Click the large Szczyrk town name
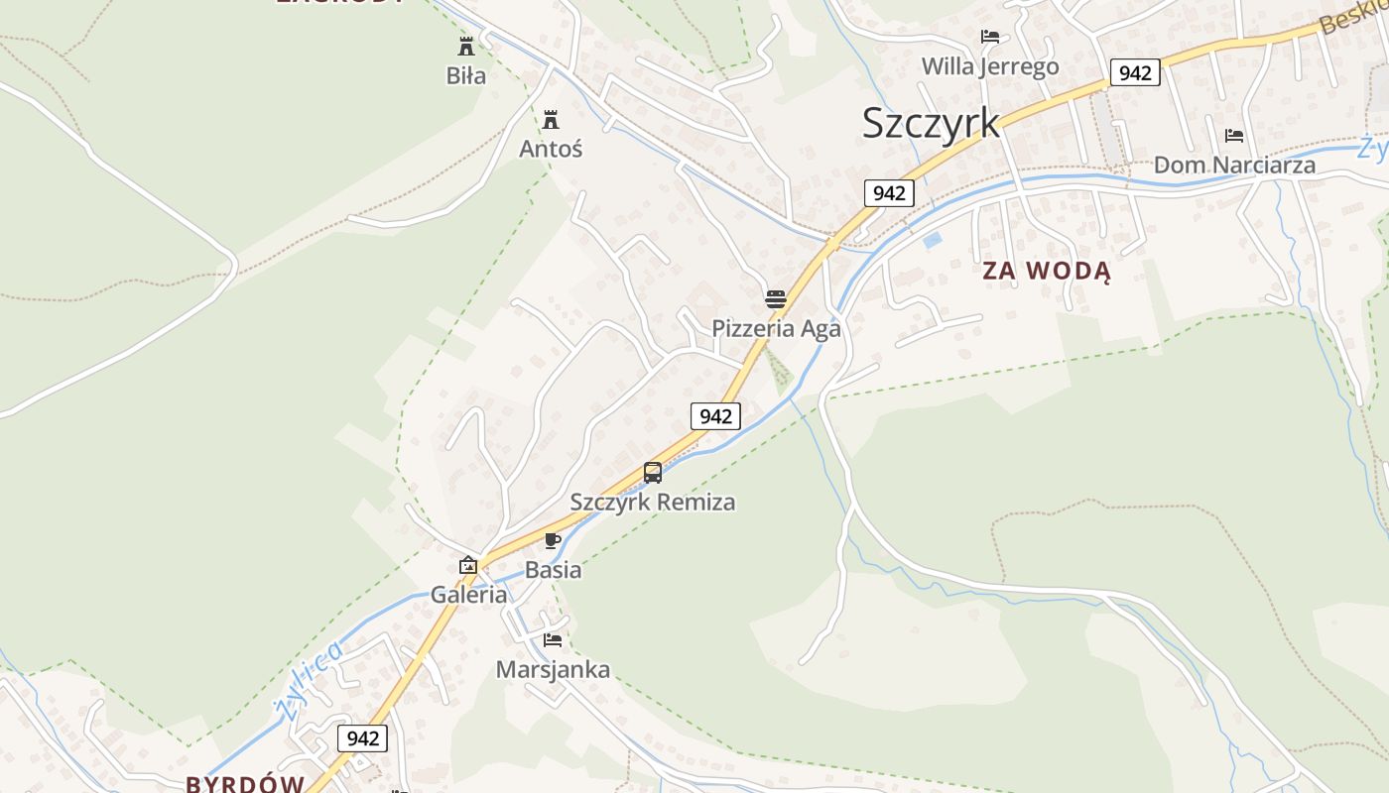pyautogui.click(x=931, y=123)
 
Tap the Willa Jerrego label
pyautogui.click(x=990, y=66)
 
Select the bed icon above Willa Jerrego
pyautogui.click(x=990, y=37)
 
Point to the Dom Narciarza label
pyautogui.click(x=1234, y=165)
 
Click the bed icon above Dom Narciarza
pyautogui.click(x=1234, y=135)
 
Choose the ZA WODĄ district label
pyautogui.click(x=1047, y=271)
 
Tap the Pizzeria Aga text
pyautogui.click(x=776, y=328)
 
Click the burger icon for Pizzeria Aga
pyautogui.click(x=776, y=298)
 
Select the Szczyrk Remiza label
pyautogui.click(x=653, y=502)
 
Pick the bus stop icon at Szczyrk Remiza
pyautogui.click(x=653, y=473)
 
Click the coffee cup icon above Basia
pyautogui.click(x=553, y=541)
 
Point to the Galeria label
pyautogui.click(x=468, y=595)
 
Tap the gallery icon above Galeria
pyautogui.click(x=468, y=566)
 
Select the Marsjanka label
pyautogui.click(x=553, y=669)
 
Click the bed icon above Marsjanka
pyautogui.click(x=553, y=640)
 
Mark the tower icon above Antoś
pyautogui.click(x=551, y=120)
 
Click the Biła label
pyautogui.click(x=466, y=75)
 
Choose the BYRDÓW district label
pyautogui.click(x=245, y=783)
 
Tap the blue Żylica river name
pyautogui.click(x=309, y=682)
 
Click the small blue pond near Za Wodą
pyautogui.click(x=932, y=240)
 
